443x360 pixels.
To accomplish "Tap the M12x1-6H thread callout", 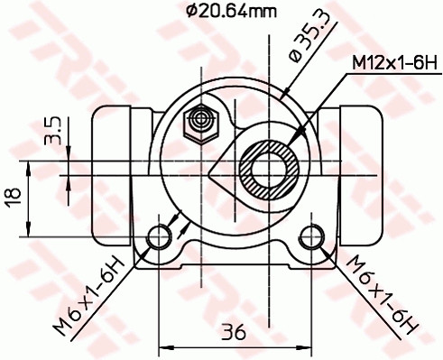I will (x=393, y=64).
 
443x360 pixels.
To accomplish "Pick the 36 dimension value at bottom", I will (x=234, y=331).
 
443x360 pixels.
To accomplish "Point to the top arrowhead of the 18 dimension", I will (x=32, y=165).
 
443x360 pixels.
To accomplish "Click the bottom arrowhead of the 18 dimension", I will (x=32, y=231).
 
